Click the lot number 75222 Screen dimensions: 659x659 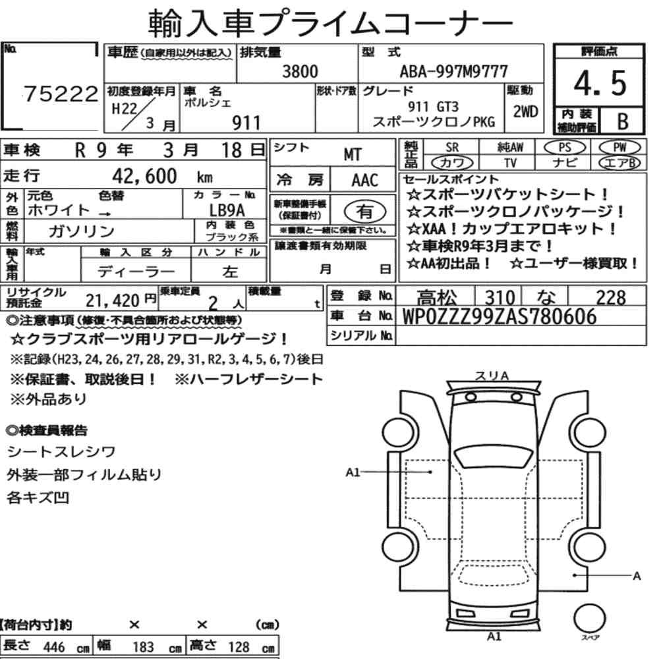pos(61,94)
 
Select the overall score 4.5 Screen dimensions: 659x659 pos(600,83)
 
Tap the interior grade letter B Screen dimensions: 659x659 pos(623,121)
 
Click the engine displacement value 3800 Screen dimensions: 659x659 pos(300,71)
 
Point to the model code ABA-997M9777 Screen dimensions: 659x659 pos(454,71)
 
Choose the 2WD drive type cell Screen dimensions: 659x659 pos(525,111)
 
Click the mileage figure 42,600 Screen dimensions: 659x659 pos(144,176)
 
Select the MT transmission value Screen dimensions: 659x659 pos(353,155)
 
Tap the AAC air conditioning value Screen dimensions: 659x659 pos(365,181)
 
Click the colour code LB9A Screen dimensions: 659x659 pos(227,210)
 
